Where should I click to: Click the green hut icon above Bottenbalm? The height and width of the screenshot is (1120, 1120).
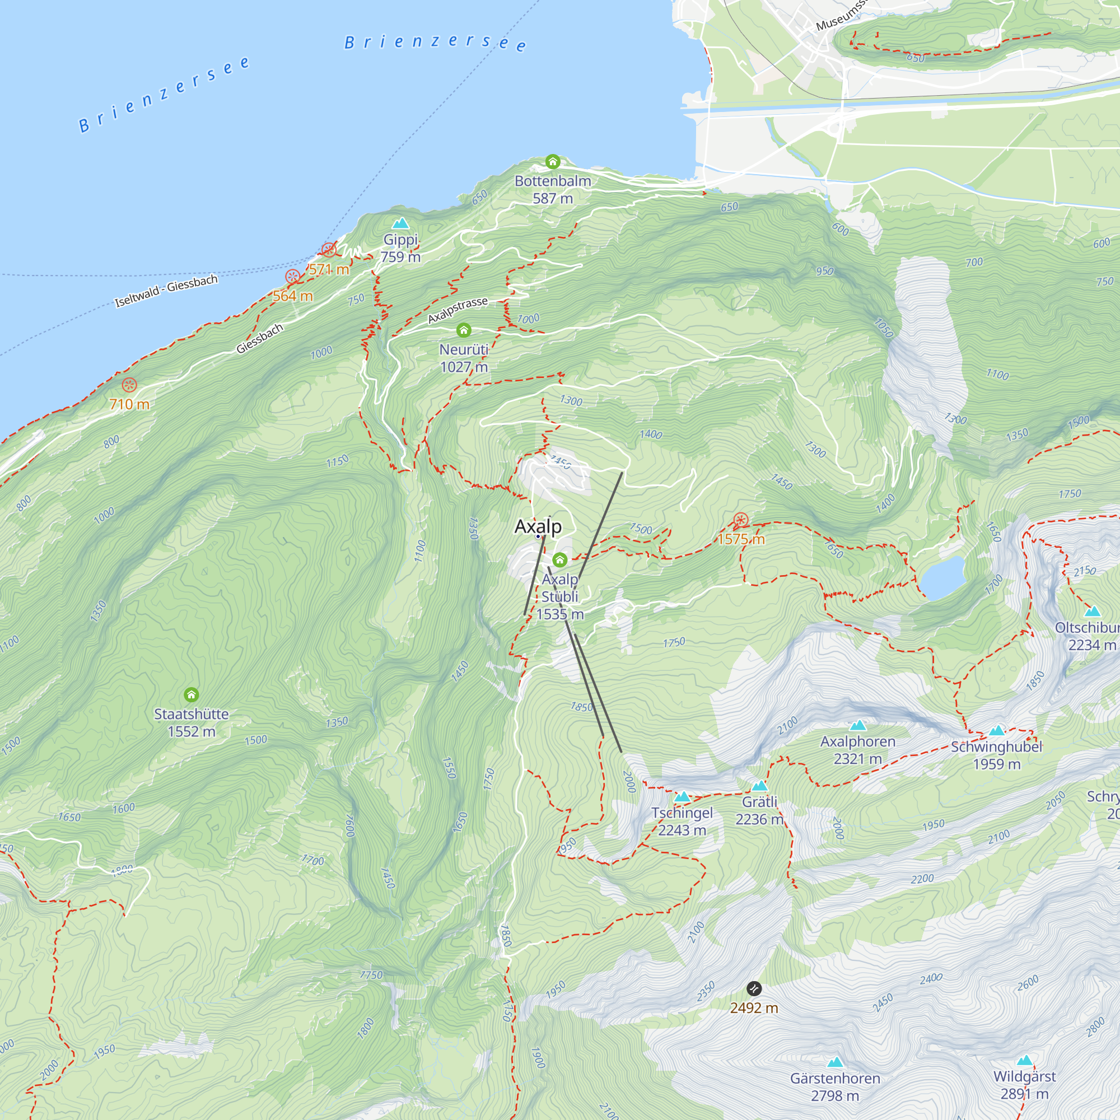(553, 161)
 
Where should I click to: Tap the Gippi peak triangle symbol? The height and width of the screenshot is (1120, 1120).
(400, 224)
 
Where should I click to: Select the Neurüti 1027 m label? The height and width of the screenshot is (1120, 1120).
(464, 358)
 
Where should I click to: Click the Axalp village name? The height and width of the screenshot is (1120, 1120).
(538, 526)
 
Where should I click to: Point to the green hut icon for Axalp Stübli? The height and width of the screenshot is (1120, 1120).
(559, 560)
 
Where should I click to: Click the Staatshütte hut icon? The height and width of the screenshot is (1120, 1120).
(192, 694)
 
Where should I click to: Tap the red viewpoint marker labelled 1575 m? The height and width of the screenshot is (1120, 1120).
(740, 520)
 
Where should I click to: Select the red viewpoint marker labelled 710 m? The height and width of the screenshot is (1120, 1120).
(129, 385)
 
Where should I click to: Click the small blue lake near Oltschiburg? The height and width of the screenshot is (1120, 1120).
(942, 577)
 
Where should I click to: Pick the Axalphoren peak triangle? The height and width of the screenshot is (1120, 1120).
(857, 726)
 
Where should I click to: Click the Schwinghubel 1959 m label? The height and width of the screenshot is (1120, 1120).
(996, 755)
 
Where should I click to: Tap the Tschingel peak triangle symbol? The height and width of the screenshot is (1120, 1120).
(682, 797)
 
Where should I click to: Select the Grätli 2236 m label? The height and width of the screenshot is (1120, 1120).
(759, 810)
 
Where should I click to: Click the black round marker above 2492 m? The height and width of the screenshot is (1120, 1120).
(754, 988)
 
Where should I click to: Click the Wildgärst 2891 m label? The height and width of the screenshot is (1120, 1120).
(1024, 1085)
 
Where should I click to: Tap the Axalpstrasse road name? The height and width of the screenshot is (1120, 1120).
(458, 311)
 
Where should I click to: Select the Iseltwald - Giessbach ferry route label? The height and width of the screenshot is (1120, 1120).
(166, 291)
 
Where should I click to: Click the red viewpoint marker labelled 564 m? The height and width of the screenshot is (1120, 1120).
(293, 277)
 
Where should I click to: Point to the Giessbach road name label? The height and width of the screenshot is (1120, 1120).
(260, 339)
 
